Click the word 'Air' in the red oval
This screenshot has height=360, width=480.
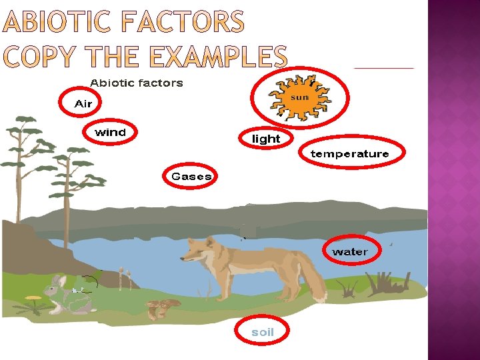(83, 103)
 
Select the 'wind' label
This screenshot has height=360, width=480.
(110, 133)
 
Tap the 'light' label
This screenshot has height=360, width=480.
(265, 139)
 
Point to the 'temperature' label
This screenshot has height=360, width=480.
(349, 154)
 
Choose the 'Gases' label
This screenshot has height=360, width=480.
(191, 177)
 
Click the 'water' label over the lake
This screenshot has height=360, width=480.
(349, 251)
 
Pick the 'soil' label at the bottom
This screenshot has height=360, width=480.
(262, 332)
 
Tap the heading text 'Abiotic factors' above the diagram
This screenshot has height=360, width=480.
(136, 83)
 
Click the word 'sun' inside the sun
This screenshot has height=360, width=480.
(300, 97)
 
